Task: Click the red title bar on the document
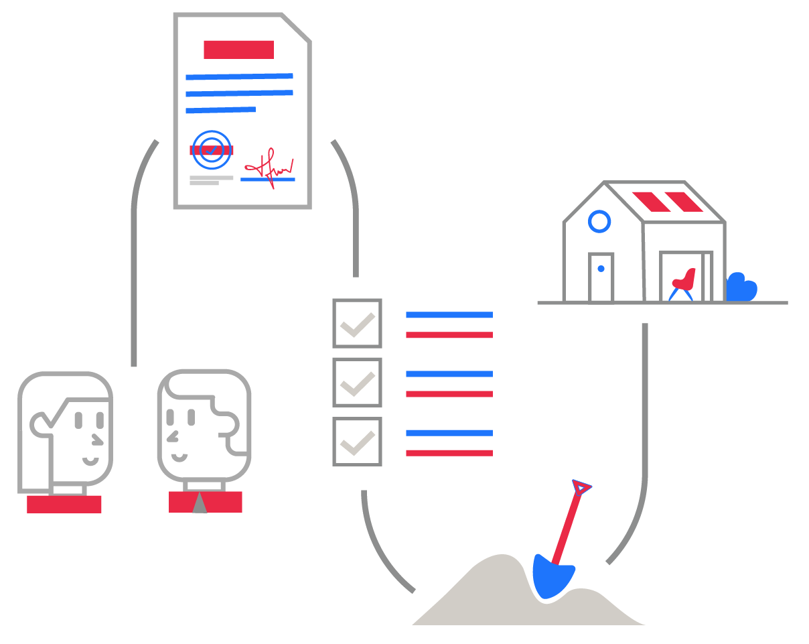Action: click(x=238, y=50)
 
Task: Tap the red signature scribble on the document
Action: click(x=268, y=167)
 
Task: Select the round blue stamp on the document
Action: click(x=211, y=149)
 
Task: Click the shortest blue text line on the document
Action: click(x=220, y=109)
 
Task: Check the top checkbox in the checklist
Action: click(x=357, y=323)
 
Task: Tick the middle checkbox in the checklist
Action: click(x=357, y=382)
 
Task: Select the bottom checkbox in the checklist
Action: click(x=357, y=442)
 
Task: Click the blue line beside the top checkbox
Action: click(x=449, y=314)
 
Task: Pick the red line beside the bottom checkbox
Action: click(x=449, y=453)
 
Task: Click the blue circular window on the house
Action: click(x=599, y=221)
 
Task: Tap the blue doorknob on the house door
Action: click(x=601, y=269)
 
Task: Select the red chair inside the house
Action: click(x=684, y=279)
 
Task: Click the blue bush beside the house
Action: click(x=741, y=289)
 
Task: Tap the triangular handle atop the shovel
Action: click(x=581, y=487)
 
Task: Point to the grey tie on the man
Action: click(x=199, y=504)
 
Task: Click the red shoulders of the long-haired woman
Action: click(x=64, y=504)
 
